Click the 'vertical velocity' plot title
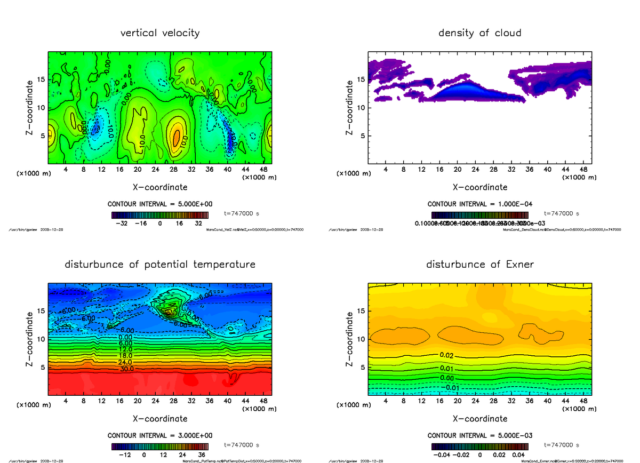pos(160,33)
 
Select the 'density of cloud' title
pos(479,33)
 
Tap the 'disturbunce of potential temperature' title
pos(160,265)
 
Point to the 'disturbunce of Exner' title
pos(479,265)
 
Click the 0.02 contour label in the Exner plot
pos(447,355)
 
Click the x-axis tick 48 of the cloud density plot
pos(583,170)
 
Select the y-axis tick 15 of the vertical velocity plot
pos(42,80)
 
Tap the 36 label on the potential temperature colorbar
pos(202,455)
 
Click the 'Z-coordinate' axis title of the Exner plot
pos(350,339)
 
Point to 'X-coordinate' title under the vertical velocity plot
pos(160,187)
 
